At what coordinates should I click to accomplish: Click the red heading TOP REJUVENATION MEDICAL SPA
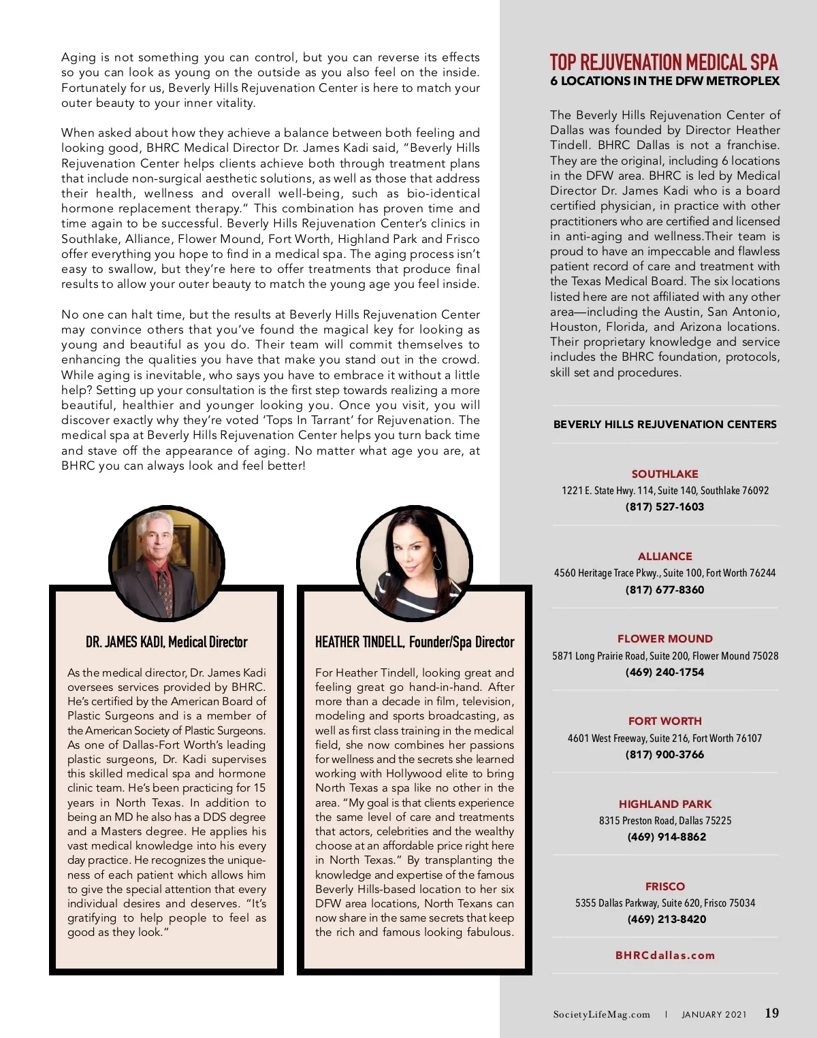664,63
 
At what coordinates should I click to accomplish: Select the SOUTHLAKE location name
664,474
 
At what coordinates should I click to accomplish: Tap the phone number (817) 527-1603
664,506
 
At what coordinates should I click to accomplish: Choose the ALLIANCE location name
664,556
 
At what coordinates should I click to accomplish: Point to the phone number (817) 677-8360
664,589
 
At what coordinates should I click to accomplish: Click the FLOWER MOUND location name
664,638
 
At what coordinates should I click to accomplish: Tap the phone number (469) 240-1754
664,672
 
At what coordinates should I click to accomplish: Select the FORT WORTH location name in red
664,721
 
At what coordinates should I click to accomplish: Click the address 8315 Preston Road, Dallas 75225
664,820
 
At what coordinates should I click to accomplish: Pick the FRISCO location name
664,886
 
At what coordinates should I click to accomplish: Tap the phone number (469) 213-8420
667,919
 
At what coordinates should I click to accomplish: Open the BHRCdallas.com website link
664,955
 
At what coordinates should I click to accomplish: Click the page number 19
771,1013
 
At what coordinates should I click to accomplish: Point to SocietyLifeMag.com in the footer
601,1014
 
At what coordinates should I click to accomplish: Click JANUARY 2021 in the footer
714,1014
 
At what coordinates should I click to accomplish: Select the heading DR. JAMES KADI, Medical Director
166,642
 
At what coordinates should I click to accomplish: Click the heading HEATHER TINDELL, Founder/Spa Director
414,642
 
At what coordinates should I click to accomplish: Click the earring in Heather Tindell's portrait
437,562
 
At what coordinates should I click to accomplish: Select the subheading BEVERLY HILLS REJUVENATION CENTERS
664,424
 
